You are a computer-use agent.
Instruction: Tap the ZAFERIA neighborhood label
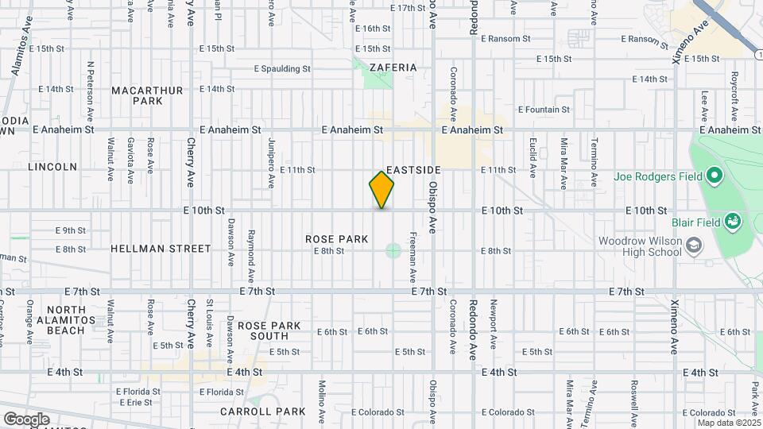pos(393,68)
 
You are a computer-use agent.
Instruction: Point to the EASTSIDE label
pos(413,170)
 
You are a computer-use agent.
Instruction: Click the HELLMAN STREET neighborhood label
pos(161,249)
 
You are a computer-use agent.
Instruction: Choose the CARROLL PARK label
pos(263,412)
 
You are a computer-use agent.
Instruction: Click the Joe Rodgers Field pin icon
pos(714,176)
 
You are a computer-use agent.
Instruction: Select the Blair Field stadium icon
pos(733,221)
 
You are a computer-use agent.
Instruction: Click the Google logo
pos(26,419)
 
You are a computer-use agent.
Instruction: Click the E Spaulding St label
pos(282,69)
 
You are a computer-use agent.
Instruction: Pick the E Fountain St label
pos(544,110)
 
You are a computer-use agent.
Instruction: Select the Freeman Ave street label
pos(412,257)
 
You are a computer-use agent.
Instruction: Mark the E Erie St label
pos(134,403)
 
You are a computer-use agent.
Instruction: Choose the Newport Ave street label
pos(493,324)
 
